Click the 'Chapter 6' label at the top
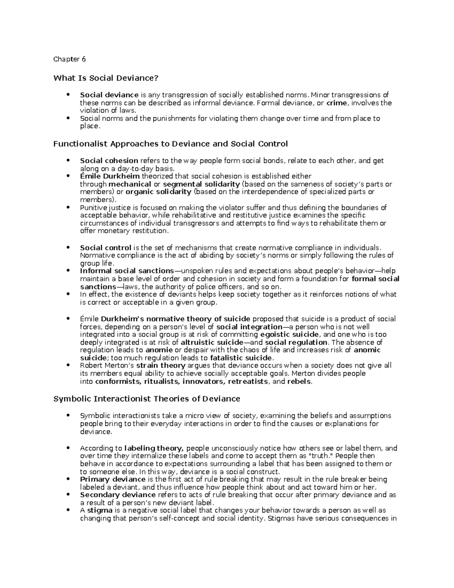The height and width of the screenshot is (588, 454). click(x=70, y=59)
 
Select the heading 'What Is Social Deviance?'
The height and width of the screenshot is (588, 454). click(x=106, y=78)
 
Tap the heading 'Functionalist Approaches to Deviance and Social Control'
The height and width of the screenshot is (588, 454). click(x=171, y=144)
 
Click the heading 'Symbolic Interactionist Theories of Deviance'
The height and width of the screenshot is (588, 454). click(x=147, y=399)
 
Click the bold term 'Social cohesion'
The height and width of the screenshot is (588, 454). click(x=109, y=161)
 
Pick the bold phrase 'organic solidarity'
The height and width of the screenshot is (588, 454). click(x=159, y=192)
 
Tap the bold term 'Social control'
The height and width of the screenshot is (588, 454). click(x=106, y=248)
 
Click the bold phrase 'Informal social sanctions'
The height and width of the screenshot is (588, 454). click(x=127, y=271)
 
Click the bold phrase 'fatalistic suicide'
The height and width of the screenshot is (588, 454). click(x=241, y=358)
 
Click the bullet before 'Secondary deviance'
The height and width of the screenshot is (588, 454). click(x=68, y=495)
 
